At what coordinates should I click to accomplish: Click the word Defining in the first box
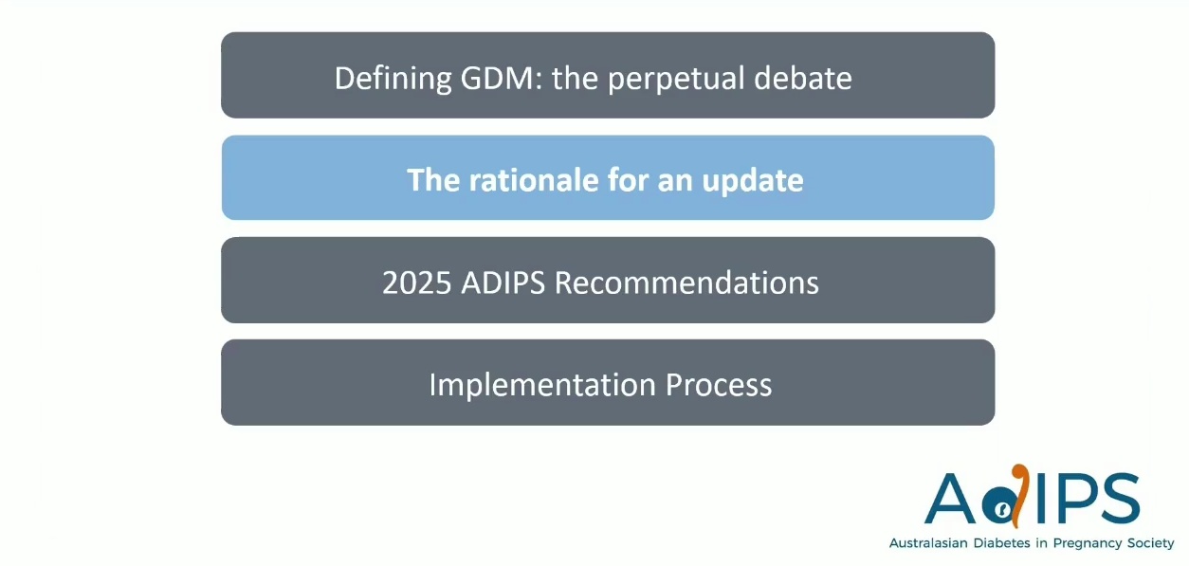[393, 79]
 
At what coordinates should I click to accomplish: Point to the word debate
[802, 78]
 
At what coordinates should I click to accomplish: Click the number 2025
[416, 283]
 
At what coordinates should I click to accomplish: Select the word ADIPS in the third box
[503, 283]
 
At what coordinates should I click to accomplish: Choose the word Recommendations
[686, 283]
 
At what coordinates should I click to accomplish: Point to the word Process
[718, 385]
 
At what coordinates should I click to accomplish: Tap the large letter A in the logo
[950, 498]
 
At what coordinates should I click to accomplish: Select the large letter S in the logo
[1118, 498]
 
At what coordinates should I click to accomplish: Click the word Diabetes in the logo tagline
[1001, 543]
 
